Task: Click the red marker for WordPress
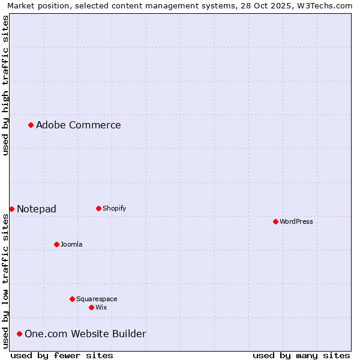275,221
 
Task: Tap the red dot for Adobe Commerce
31,125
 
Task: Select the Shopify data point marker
98,208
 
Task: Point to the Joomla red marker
56,244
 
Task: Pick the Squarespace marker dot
72,299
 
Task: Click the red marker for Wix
91,307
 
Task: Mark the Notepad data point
11,209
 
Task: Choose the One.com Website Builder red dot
19,334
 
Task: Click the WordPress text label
296,221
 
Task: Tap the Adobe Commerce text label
79,125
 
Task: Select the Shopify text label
115,208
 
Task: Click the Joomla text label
71,244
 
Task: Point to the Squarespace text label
97,299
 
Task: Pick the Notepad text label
37,209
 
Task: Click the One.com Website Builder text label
85,334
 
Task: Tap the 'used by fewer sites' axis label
62,355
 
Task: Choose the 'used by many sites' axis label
301,355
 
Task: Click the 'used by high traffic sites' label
5,85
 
